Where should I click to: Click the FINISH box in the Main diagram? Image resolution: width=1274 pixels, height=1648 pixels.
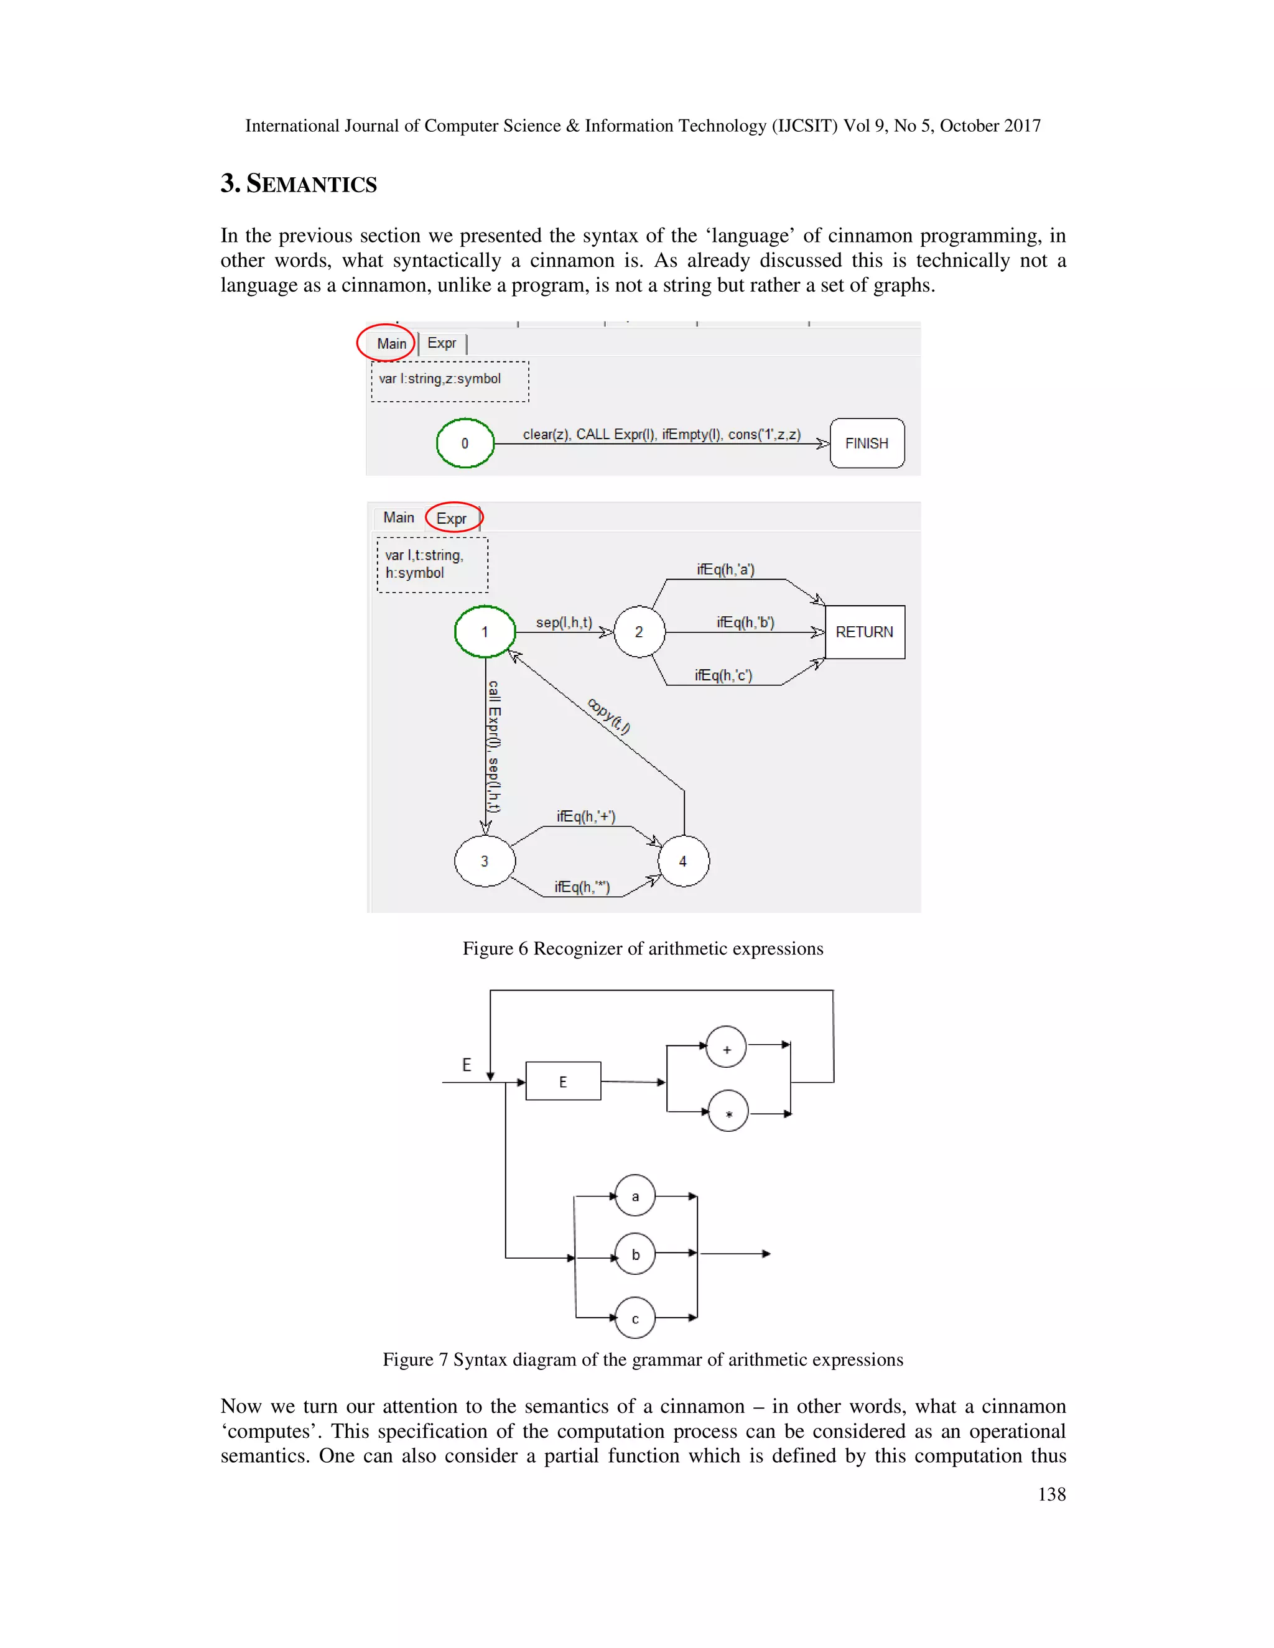[867, 443]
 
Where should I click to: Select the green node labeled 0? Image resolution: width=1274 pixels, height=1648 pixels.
[465, 443]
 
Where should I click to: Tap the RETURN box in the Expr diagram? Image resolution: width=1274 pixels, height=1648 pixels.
[865, 632]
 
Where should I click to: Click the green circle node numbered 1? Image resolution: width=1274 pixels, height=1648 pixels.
[485, 632]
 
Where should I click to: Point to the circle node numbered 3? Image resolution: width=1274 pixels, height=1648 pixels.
[485, 861]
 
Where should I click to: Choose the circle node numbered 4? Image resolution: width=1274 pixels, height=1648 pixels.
[683, 861]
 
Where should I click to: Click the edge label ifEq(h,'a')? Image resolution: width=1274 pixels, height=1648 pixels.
[725, 570]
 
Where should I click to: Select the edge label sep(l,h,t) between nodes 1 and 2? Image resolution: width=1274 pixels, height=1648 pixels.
[564, 623]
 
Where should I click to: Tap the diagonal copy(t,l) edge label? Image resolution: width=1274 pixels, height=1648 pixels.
[608, 716]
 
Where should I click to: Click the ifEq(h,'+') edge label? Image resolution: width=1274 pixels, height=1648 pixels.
[585, 817]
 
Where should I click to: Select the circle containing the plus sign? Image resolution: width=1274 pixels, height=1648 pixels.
[726, 1047]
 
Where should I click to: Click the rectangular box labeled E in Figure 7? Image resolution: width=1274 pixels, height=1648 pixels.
[563, 1081]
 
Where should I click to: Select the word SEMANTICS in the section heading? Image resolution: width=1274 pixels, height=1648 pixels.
[311, 184]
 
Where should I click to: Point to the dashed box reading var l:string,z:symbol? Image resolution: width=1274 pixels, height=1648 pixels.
[450, 381]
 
